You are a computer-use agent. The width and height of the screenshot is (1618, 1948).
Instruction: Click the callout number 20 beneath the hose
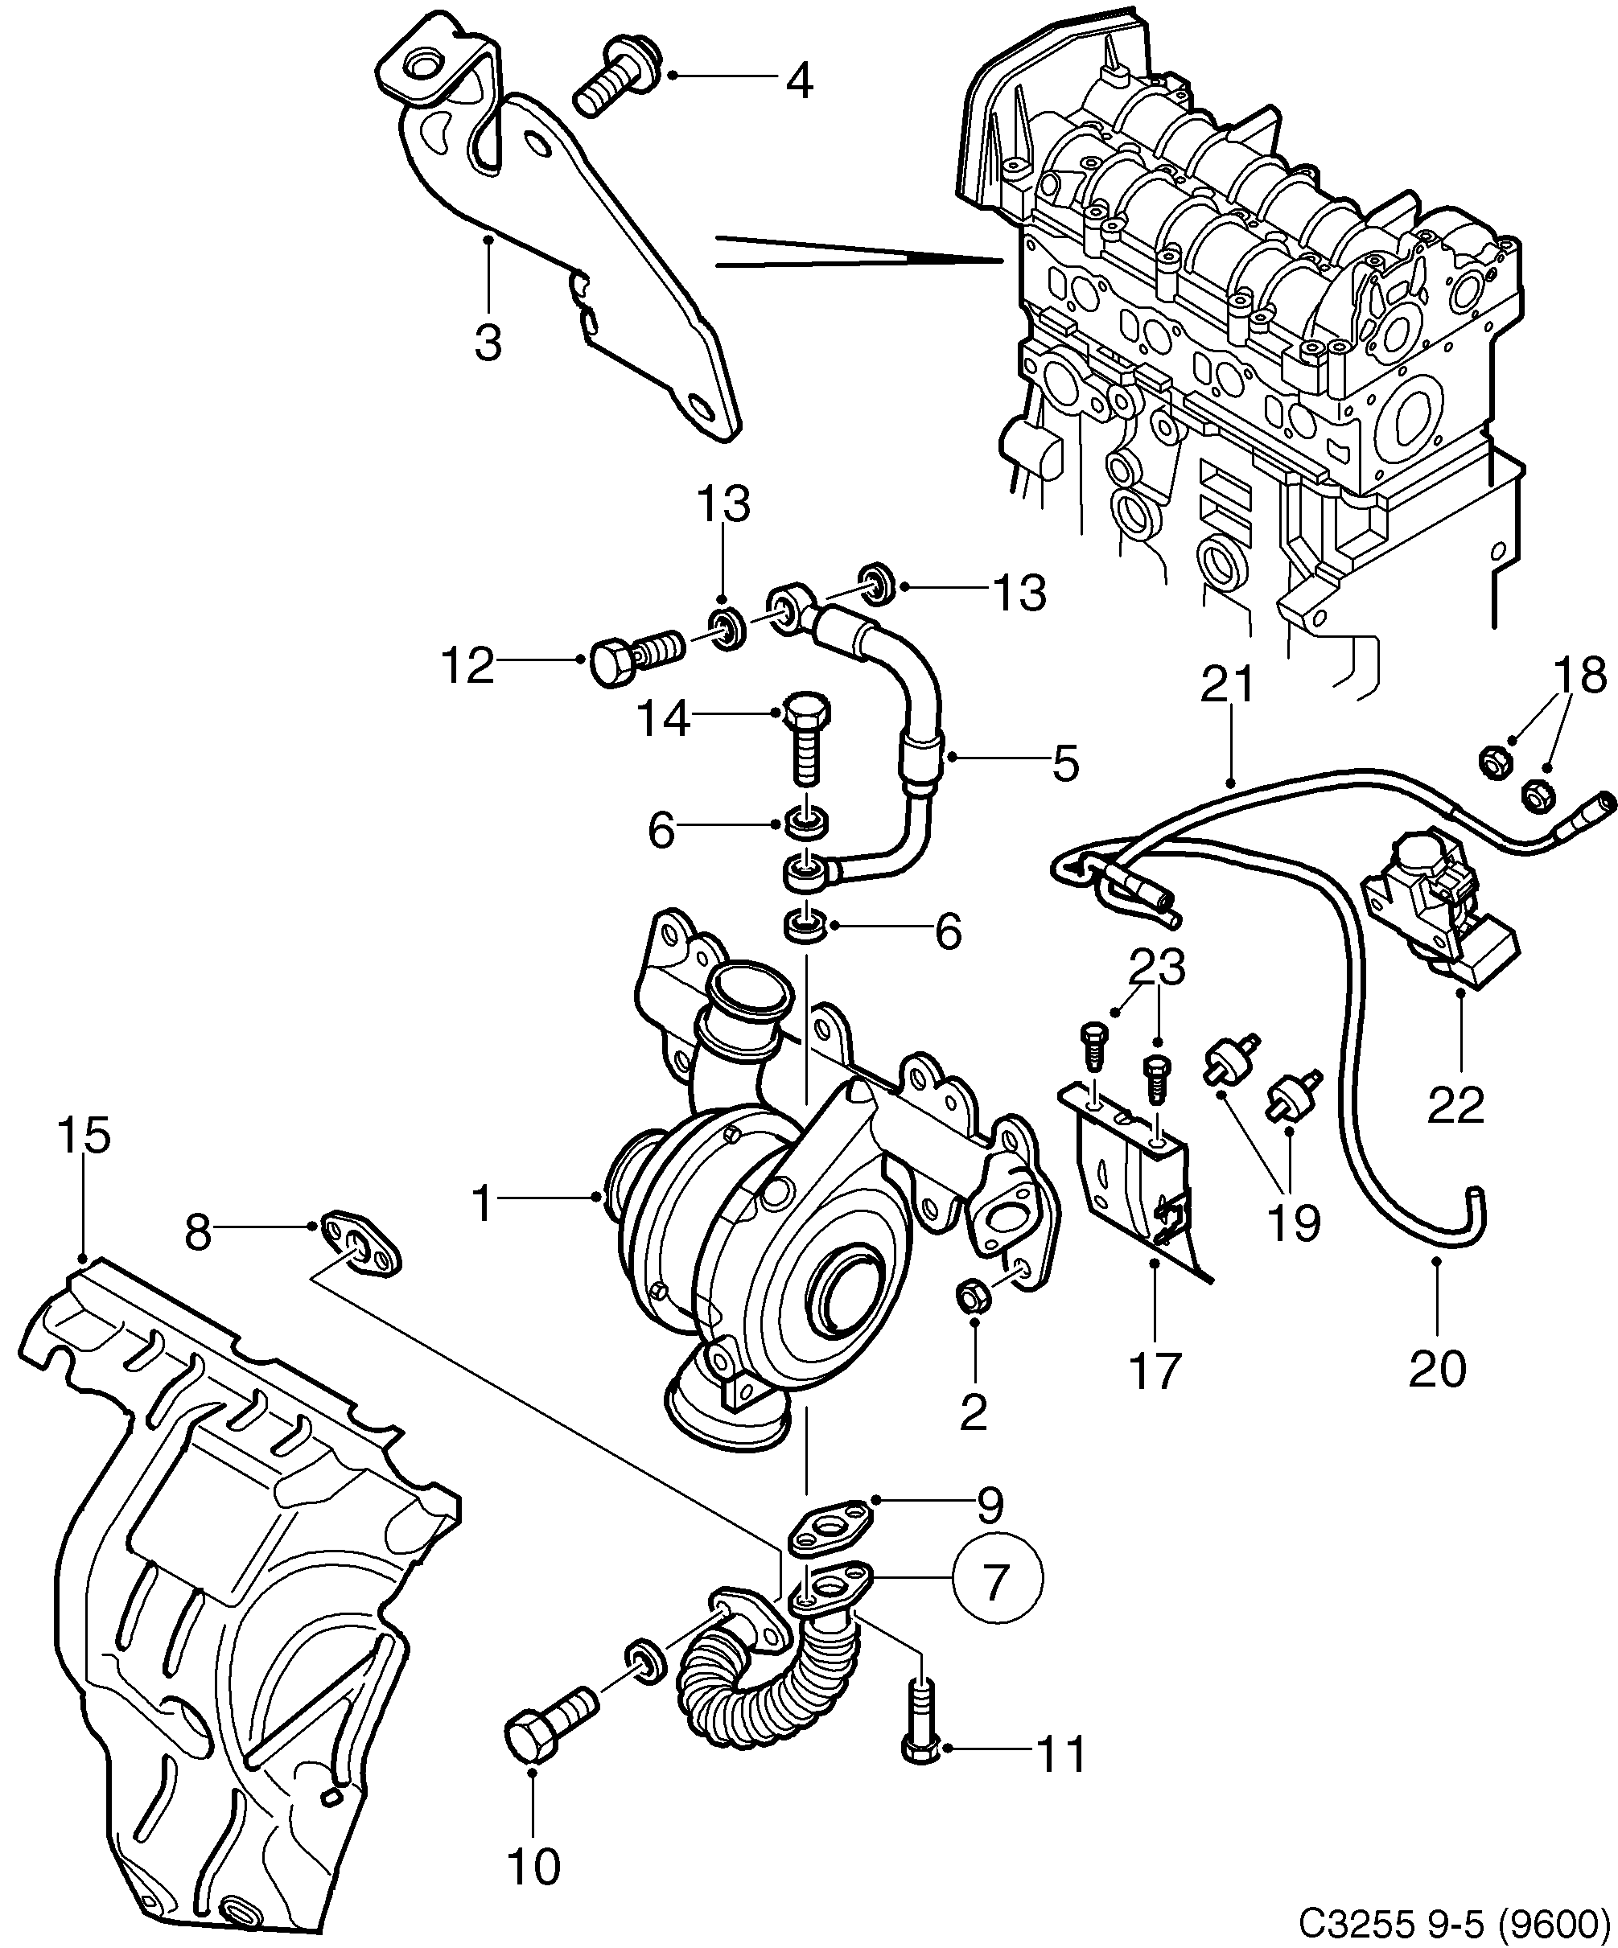(1437, 1367)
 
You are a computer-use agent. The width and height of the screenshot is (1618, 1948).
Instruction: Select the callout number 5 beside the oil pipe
(1065, 762)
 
